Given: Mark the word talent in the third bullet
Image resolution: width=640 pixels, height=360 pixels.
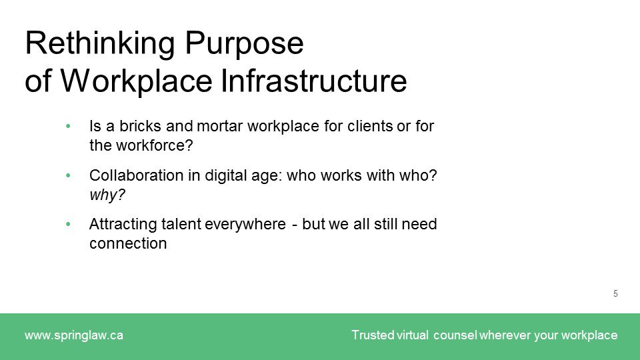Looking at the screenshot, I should coord(173,225).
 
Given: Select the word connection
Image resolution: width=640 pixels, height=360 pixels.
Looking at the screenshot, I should coord(127,243).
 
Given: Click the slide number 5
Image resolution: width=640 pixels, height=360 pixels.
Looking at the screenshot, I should coord(615,293).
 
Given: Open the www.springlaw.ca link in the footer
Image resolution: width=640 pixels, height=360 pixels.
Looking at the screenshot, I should coord(73,335).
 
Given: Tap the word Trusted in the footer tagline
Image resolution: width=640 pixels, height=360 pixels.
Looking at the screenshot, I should coord(373,335).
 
